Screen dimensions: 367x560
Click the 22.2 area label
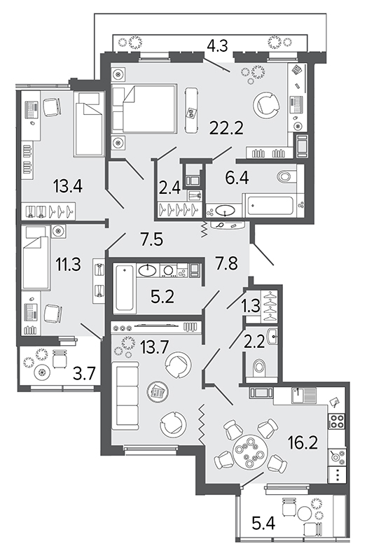click(226, 127)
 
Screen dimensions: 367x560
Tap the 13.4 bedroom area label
click(68, 186)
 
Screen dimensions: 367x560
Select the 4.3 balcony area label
click(219, 46)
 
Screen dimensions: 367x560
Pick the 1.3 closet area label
click(251, 307)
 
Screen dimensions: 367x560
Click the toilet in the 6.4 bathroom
click(287, 176)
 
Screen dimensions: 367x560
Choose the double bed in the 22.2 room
click(144, 109)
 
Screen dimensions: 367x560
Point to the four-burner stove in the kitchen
click(336, 421)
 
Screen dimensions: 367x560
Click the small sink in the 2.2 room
click(272, 337)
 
